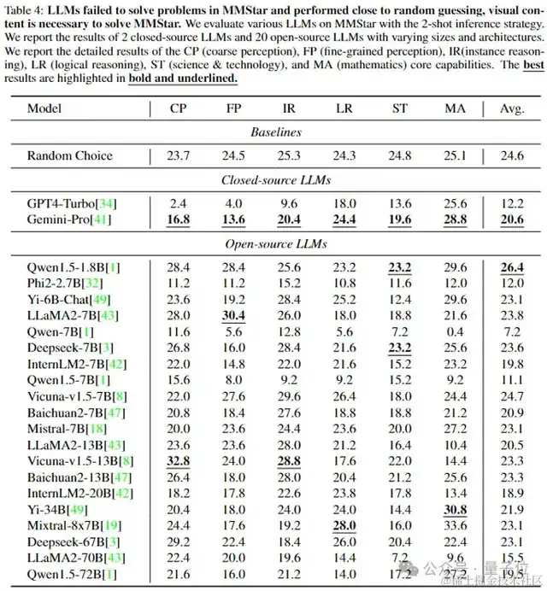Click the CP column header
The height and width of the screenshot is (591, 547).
click(x=178, y=108)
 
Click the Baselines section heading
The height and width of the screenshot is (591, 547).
click(x=274, y=132)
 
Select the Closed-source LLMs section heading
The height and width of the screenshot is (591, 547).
click(x=274, y=180)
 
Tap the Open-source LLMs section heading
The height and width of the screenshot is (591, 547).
click(x=274, y=243)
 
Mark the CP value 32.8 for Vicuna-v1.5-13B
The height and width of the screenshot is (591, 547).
click(x=179, y=460)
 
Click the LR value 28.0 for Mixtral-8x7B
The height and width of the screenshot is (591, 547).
click(x=345, y=525)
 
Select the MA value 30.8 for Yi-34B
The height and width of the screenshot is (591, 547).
click(x=456, y=509)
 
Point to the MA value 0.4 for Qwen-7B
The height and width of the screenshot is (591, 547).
click(x=456, y=331)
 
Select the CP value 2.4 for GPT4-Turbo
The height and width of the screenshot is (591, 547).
click(x=179, y=203)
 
